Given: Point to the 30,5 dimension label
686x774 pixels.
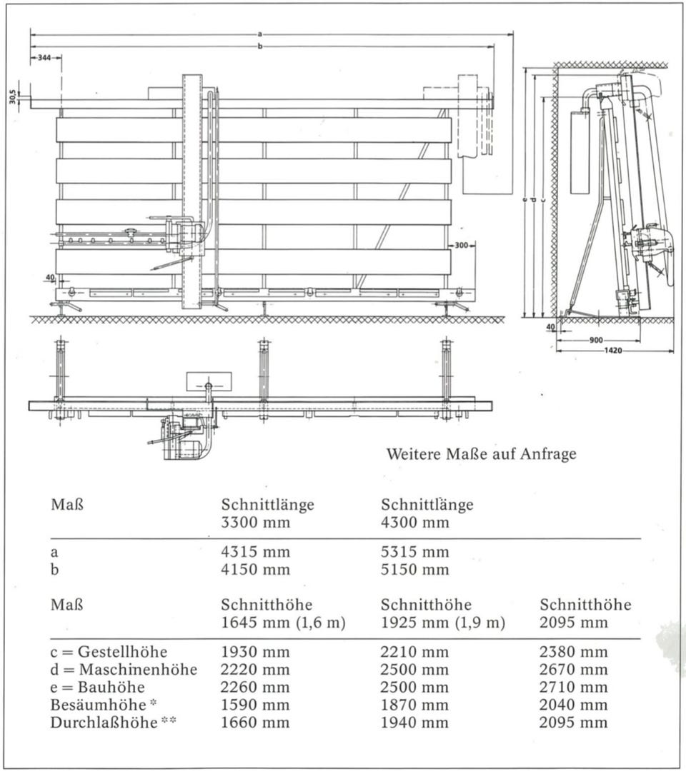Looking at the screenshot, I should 13,96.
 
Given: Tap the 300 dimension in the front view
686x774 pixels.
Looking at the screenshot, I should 461,245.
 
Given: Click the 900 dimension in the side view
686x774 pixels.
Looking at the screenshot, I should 596,340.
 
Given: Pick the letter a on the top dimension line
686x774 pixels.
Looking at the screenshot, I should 259,33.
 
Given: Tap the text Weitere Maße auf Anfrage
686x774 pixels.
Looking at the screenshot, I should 480,454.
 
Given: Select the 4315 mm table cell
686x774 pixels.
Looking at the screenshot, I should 255,553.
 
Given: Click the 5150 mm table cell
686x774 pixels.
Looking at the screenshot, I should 415,570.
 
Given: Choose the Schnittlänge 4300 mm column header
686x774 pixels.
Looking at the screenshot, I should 427,513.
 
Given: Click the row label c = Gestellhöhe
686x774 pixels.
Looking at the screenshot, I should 109,652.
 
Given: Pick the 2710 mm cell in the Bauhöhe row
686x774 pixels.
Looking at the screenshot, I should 574,688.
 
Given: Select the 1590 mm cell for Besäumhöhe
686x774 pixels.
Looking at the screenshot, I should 255,705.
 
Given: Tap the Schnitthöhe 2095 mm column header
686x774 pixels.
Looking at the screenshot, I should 585,613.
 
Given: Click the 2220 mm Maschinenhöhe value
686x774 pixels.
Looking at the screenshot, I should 255,670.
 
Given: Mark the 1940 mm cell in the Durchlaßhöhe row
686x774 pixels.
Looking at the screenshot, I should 415,723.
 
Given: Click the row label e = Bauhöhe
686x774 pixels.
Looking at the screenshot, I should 97,688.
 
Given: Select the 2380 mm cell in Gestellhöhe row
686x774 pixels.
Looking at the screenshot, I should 574,652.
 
